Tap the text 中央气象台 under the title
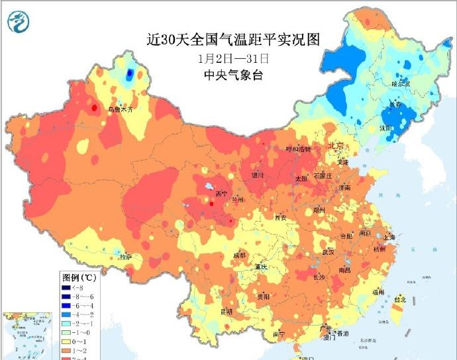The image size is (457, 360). coord(233,75)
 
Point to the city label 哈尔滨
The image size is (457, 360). coord(401,84)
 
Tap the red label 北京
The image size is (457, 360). coord(336,145)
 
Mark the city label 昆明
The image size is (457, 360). coord(227,311)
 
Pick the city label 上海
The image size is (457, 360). coord(389,238)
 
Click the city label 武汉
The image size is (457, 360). coord(328,252)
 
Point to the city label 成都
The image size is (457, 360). coord(239,255)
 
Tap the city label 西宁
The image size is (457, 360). coord(221,194)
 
